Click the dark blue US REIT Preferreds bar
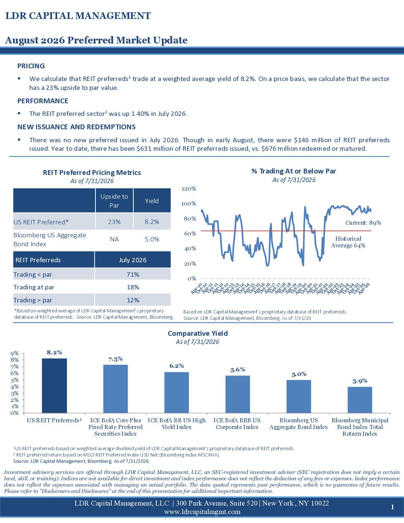tap(54, 386)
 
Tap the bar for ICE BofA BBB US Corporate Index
tap(238, 394)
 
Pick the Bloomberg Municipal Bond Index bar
tap(360, 400)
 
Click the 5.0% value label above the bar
tap(299, 374)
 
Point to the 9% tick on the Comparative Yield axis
tap(14, 353)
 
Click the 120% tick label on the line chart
tap(189, 189)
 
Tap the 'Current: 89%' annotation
tap(363, 223)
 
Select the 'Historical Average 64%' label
tap(348, 242)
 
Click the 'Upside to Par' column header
tap(114, 201)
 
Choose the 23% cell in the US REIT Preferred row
tap(114, 222)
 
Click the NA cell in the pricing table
tap(114, 239)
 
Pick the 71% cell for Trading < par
tap(133, 275)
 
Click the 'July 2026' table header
tap(133, 260)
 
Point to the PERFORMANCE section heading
tap(43, 101)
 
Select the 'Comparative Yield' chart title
tap(198, 333)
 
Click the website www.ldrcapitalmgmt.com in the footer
tap(202, 512)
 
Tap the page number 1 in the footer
tap(392, 507)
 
